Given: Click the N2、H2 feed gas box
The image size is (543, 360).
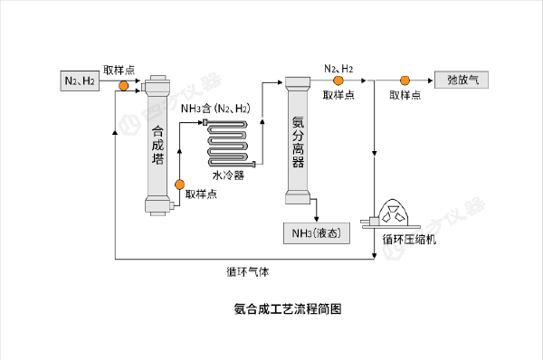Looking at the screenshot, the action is (x=80, y=81).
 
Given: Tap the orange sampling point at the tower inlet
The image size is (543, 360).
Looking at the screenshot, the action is (x=124, y=86).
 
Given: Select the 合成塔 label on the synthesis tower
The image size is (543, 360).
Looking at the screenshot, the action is (x=157, y=145).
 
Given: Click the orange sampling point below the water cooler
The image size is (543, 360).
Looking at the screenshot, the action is (x=179, y=185).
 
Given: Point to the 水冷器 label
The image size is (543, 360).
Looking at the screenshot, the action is (x=228, y=175).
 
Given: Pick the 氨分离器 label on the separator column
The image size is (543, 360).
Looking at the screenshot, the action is (x=298, y=142).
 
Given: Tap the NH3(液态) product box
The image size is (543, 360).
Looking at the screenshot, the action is (x=317, y=233).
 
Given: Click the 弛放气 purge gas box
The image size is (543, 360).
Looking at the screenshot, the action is (x=462, y=80).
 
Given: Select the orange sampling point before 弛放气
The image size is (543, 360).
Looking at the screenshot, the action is (x=405, y=81).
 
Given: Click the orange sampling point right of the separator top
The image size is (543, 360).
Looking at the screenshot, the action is (x=338, y=81).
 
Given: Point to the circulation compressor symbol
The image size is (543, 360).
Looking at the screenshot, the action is (x=390, y=214).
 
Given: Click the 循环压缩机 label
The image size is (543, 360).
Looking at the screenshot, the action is (x=409, y=240).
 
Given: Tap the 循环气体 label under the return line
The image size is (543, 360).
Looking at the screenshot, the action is (x=248, y=271).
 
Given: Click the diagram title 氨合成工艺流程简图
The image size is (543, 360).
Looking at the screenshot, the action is (x=288, y=308).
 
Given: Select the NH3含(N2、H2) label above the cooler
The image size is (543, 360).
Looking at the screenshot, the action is (x=215, y=109).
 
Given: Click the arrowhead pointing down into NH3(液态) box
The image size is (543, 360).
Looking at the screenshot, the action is (x=316, y=219).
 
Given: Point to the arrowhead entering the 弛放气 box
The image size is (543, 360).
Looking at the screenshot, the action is (x=431, y=81).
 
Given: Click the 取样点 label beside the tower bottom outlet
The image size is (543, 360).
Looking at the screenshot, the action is (x=201, y=194).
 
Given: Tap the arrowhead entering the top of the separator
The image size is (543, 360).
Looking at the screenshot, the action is (x=281, y=82).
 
